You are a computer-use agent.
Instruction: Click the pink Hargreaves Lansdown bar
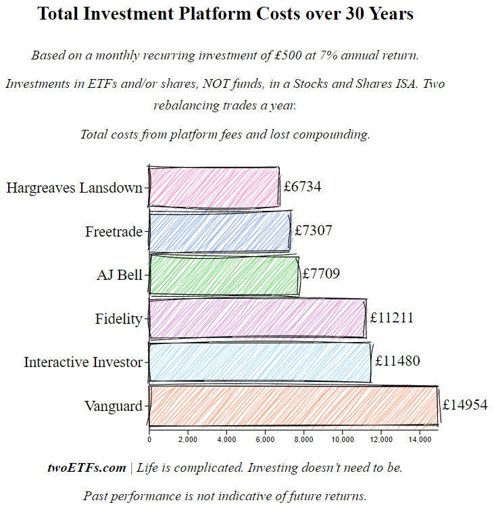(x=214, y=187)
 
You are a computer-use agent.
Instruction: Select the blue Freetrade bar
(x=220, y=231)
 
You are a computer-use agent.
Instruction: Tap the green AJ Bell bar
(x=224, y=274)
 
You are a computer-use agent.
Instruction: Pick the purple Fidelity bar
(x=257, y=318)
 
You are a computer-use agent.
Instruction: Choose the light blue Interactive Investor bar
(x=260, y=362)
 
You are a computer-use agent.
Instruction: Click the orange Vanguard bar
(x=293, y=406)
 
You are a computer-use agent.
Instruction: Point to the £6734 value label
(x=302, y=187)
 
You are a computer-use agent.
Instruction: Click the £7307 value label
(x=314, y=231)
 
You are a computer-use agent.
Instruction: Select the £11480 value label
(x=397, y=362)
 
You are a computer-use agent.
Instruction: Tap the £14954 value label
(x=465, y=405)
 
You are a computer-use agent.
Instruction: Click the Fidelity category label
(x=119, y=319)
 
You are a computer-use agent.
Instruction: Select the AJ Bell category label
(x=120, y=275)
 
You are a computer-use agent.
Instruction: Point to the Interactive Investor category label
(x=83, y=362)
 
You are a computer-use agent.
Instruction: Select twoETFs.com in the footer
(x=87, y=468)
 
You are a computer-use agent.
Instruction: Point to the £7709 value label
(x=321, y=274)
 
